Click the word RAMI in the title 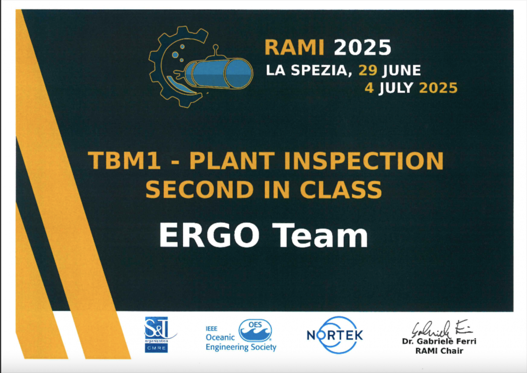coord(294,47)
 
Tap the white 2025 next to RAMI coord(362,47)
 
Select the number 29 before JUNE coord(368,70)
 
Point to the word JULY coord(396,88)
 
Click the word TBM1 coord(124,161)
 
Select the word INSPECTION coord(364,161)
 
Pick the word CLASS coord(341,190)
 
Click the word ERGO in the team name coord(209,235)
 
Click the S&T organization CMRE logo coord(159,334)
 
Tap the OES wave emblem coord(255,330)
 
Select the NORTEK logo coord(335,335)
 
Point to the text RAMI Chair coord(439,351)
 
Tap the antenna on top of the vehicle coord(216,50)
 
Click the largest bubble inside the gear coord(175,55)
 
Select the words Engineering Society coord(241,347)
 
